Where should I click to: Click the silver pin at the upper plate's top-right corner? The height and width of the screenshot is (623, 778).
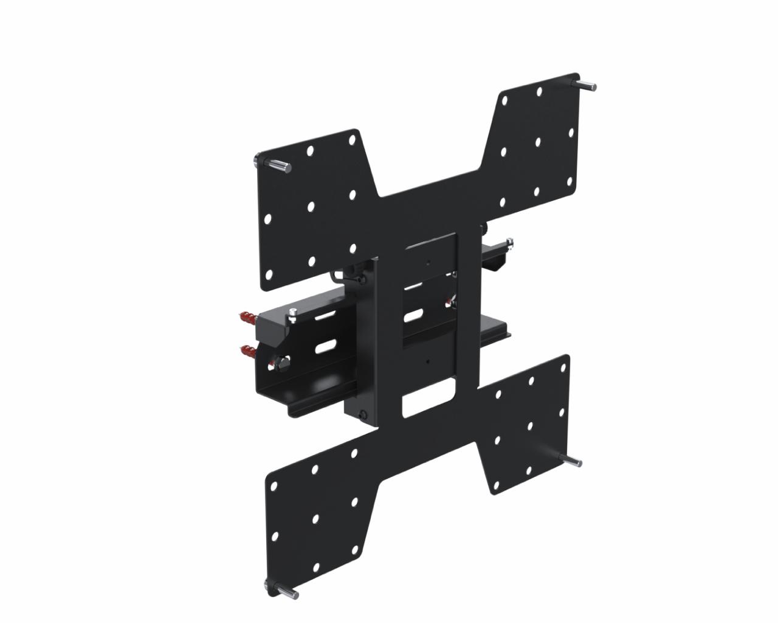pos(587,85)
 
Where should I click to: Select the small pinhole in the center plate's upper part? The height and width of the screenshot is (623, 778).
pos(428,264)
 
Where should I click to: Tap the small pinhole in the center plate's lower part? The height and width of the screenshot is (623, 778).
pos(428,361)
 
